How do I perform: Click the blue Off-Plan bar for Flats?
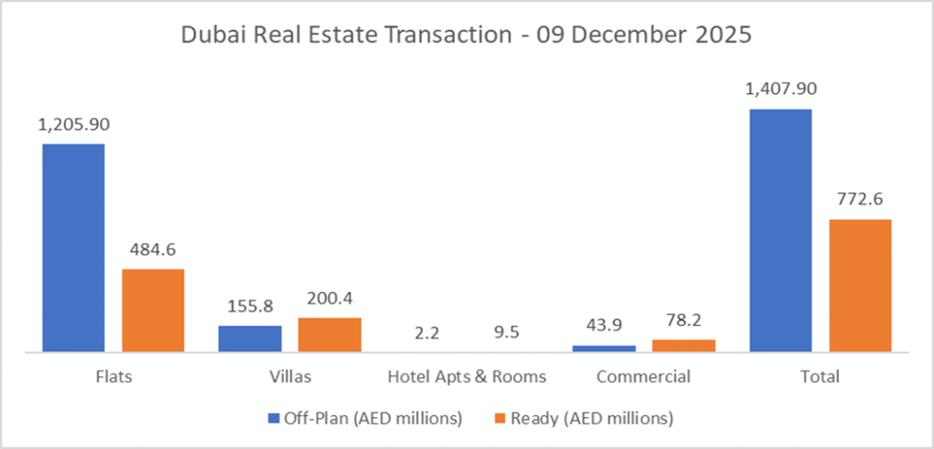pos(73,246)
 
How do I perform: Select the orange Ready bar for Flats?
pos(153,309)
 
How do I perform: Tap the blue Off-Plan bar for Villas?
pos(250,338)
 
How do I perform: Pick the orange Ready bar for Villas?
pos(329,334)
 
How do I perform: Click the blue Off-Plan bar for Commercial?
pos(604,348)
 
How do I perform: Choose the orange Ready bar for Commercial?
pos(684,345)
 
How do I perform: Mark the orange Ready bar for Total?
pos(860,285)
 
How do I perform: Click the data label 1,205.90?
pos(72,127)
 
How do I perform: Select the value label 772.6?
pos(860,201)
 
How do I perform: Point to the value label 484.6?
pos(152,250)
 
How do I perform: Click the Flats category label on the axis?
pos(112,377)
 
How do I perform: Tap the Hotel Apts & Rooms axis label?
pos(466,377)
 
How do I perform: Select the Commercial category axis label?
pos(644,377)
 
